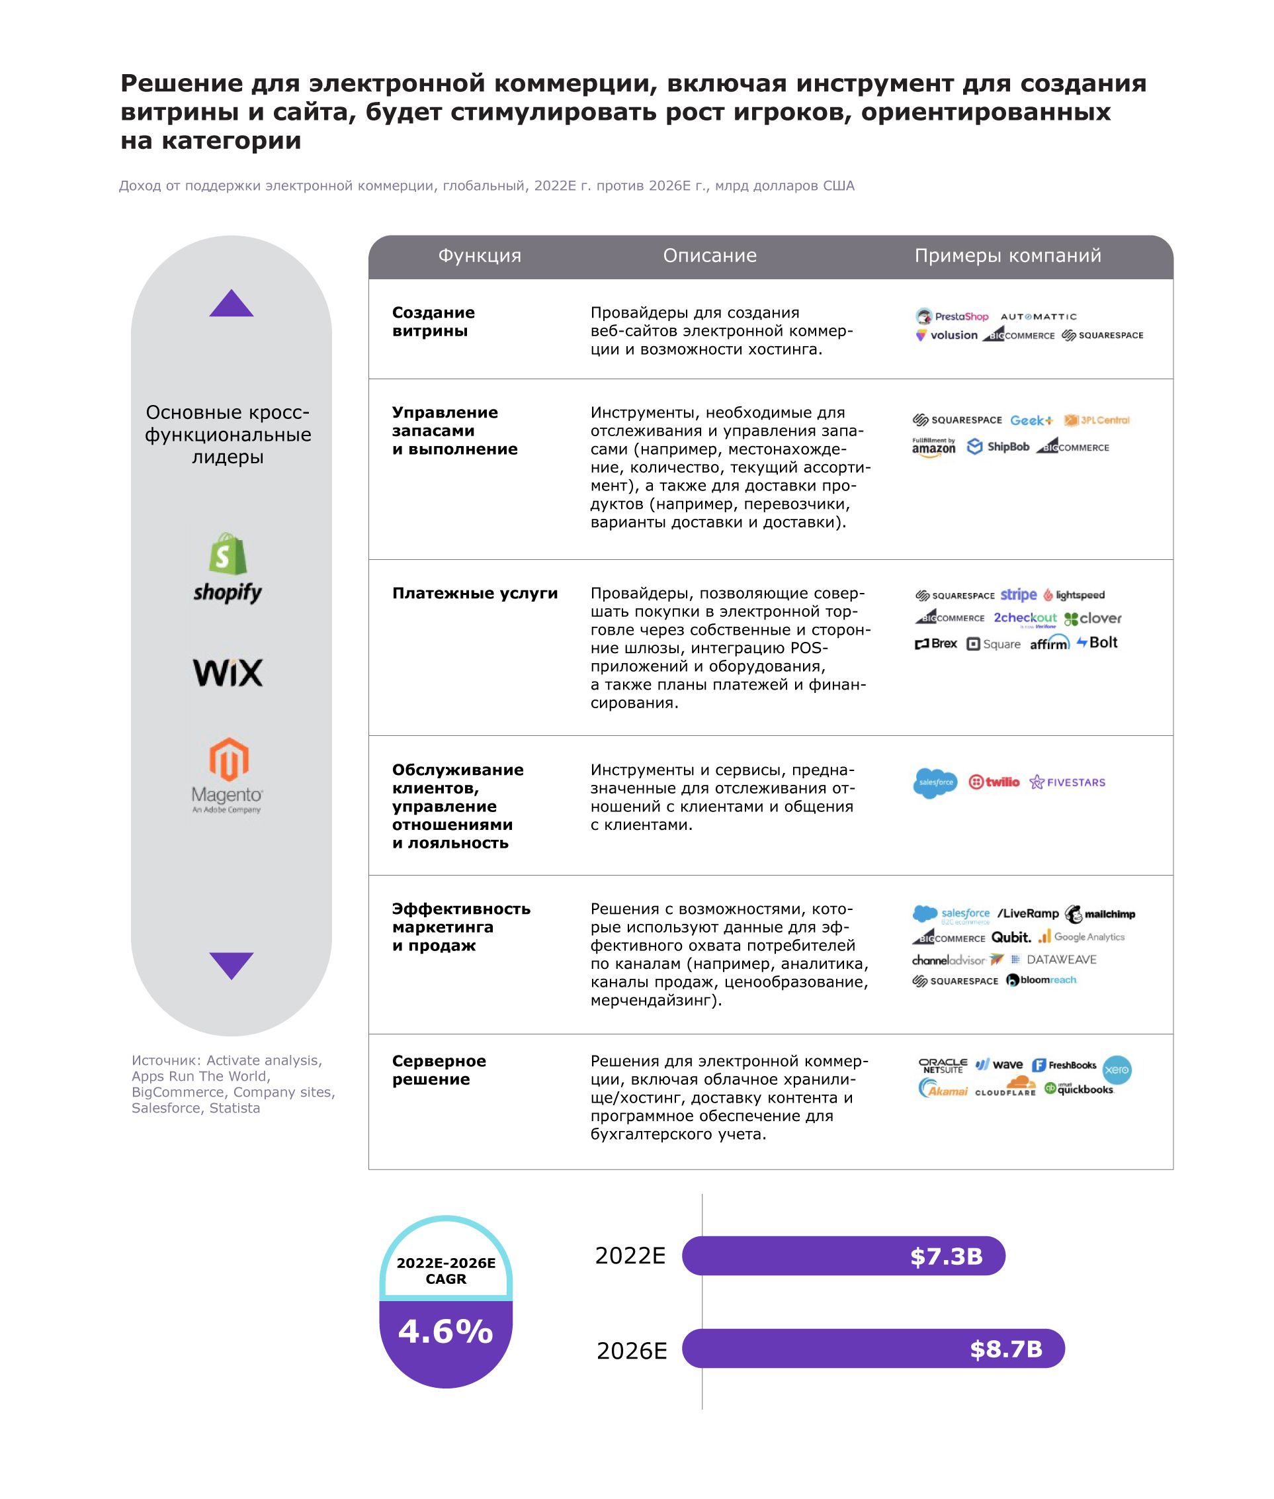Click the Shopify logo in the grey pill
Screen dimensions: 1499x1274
[228, 568]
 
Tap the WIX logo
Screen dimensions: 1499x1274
[228, 672]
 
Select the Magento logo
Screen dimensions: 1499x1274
[228, 775]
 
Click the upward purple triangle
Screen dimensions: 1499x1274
[231, 305]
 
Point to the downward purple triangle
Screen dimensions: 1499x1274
[231, 964]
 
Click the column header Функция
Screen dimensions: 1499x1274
[480, 255]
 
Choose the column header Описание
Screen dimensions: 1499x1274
[709, 255]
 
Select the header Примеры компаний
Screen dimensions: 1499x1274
[1007, 255]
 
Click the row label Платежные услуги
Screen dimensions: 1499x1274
[474, 593]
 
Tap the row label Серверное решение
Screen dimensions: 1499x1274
[439, 1070]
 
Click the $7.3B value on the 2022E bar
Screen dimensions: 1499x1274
[946, 1256]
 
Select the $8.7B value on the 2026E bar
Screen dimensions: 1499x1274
[1006, 1349]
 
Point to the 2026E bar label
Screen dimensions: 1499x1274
[632, 1350]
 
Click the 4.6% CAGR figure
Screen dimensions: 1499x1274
[446, 1331]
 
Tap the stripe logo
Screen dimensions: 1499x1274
[1018, 594]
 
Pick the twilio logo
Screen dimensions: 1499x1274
[994, 782]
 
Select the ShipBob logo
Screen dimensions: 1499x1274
[998, 447]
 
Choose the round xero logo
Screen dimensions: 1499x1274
[1117, 1070]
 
